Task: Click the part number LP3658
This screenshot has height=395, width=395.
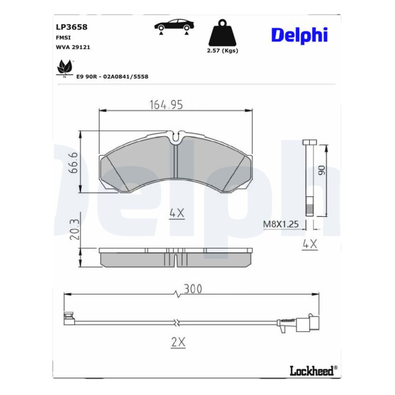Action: click(x=71, y=27)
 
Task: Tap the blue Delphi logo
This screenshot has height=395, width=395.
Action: click(x=299, y=36)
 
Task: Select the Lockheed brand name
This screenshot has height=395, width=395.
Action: click(x=312, y=371)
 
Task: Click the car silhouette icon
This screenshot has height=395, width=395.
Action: click(x=174, y=27)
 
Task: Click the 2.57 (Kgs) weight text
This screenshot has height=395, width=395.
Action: click(x=223, y=51)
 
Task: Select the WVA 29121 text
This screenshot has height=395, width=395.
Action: click(x=73, y=47)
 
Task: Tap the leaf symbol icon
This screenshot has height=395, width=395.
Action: click(x=65, y=68)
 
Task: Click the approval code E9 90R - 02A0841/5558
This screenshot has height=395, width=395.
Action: click(x=112, y=77)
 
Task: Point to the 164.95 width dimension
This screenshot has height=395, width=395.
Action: click(x=166, y=105)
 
